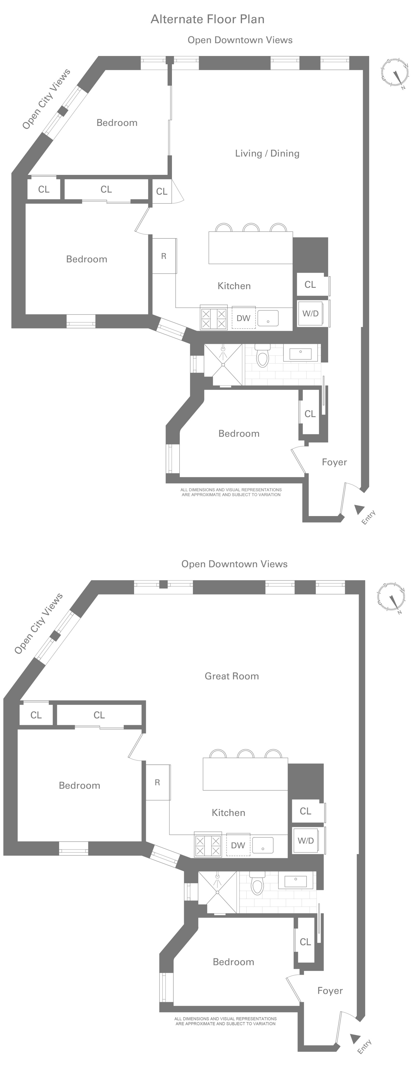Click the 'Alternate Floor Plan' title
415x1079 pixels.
pos(208,19)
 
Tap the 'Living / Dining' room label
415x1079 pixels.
pos(267,153)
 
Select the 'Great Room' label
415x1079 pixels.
pos(232,676)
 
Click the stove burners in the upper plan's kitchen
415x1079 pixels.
pos(214,318)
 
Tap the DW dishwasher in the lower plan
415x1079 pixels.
pos(238,845)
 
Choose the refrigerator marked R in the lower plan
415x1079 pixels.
pos(158,782)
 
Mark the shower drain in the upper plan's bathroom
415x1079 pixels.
pos(223,365)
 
